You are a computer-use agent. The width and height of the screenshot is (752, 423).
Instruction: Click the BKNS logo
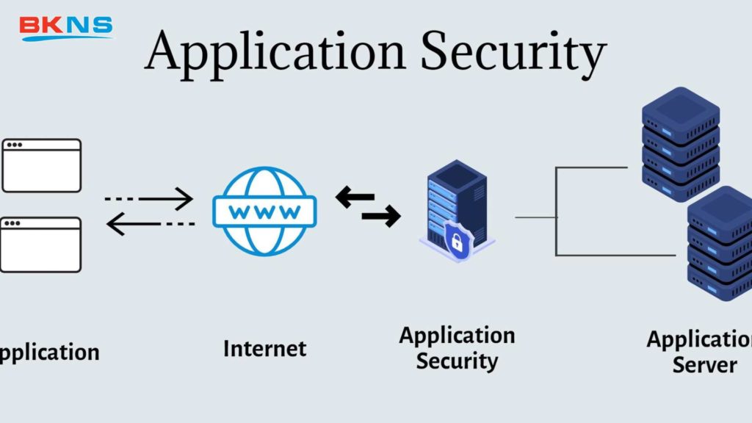pyautogui.click(x=65, y=27)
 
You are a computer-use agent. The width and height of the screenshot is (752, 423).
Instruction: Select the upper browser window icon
pyautogui.click(x=41, y=165)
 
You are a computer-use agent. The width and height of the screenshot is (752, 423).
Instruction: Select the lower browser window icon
pyautogui.click(x=41, y=245)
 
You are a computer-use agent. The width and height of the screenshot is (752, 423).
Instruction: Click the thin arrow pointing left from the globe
pyautogui.click(x=151, y=223)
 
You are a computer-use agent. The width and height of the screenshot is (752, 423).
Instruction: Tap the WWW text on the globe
pyautogui.click(x=264, y=212)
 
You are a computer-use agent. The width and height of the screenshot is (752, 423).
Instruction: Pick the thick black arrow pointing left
pyautogui.click(x=355, y=198)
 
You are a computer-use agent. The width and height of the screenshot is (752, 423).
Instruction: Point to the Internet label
pyautogui.click(x=264, y=348)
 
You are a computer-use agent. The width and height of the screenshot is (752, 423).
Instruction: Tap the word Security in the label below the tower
pyautogui.click(x=457, y=361)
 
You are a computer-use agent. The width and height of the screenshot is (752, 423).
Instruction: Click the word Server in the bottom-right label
pyautogui.click(x=704, y=364)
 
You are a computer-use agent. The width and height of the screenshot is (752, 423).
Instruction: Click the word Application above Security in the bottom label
pyautogui.click(x=457, y=336)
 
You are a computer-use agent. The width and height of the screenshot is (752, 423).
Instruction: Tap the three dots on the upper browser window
pyautogui.click(x=14, y=145)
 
